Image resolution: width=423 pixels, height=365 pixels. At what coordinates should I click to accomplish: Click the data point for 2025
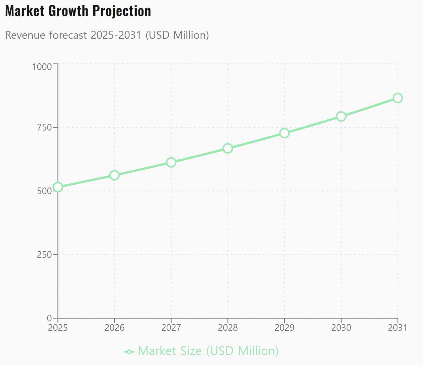click(x=58, y=187)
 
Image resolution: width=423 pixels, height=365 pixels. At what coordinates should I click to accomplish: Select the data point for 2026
click(x=115, y=175)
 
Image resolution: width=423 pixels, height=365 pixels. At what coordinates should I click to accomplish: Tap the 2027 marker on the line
click(x=171, y=162)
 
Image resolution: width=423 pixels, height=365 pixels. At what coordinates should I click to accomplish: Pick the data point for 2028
click(x=228, y=148)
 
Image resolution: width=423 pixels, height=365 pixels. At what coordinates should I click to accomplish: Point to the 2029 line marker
click(x=285, y=133)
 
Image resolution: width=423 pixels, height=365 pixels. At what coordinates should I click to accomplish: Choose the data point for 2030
click(x=341, y=116)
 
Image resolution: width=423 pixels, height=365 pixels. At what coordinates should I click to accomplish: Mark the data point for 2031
click(x=398, y=98)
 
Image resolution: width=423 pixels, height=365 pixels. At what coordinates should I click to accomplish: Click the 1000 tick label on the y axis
click(x=42, y=67)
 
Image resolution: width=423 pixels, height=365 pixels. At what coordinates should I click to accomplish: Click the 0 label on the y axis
click(x=49, y=318)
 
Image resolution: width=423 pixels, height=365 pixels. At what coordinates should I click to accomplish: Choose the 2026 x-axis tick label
click(x=115, y=327)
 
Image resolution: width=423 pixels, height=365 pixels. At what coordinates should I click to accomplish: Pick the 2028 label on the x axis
click(x=228, y=327)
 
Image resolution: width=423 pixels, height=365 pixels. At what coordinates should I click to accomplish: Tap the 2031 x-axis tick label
click(x=398, y=327)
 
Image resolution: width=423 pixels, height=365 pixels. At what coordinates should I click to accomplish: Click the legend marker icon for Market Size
click(x=129, y=352)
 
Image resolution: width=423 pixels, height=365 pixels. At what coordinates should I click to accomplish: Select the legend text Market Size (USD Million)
click(x=208, y=351)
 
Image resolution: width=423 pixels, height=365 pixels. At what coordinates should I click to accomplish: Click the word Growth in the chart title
click(x=69, y=11)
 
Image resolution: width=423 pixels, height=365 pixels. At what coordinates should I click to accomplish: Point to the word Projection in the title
click(x=122, y=11)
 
